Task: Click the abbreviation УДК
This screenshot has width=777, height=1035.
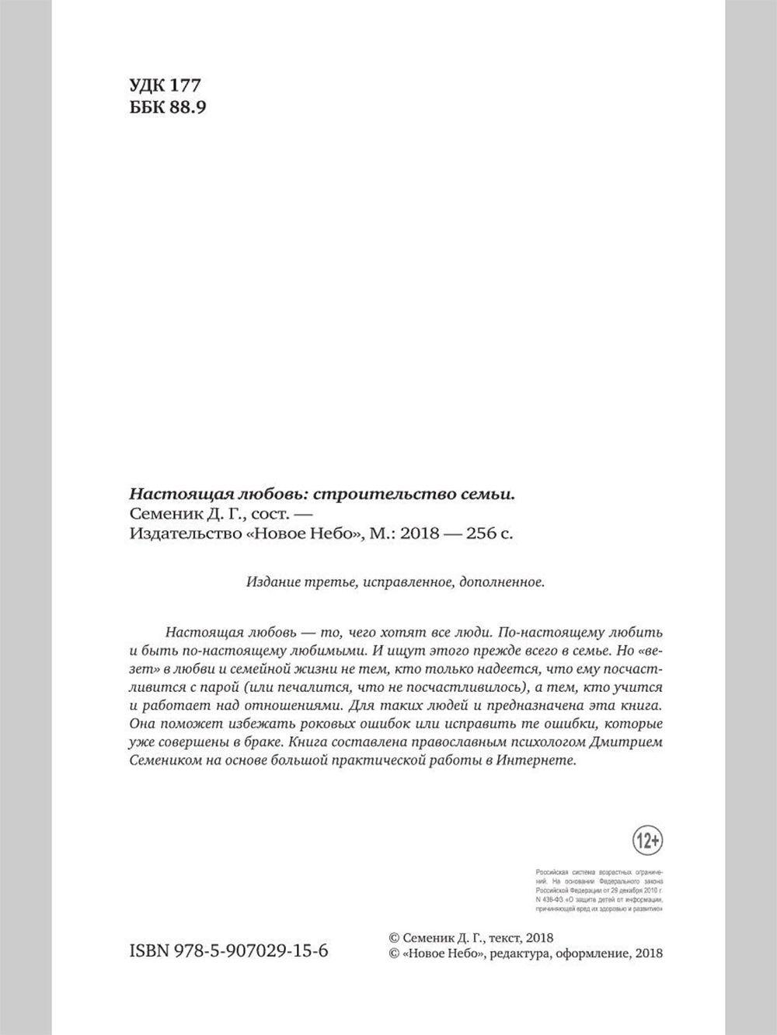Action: pyautogui.click(x=148, y=85)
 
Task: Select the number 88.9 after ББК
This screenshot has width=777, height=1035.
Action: pyautogui.click(x=186, y=107)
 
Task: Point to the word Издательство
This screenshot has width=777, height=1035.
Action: pyautogui.click(x=173, y=534)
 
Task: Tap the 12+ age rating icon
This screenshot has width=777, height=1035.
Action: pyautogui.click(x=647, y=840)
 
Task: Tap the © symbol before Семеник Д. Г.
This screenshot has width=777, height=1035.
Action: pyautogui.click(x=392, y=937)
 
